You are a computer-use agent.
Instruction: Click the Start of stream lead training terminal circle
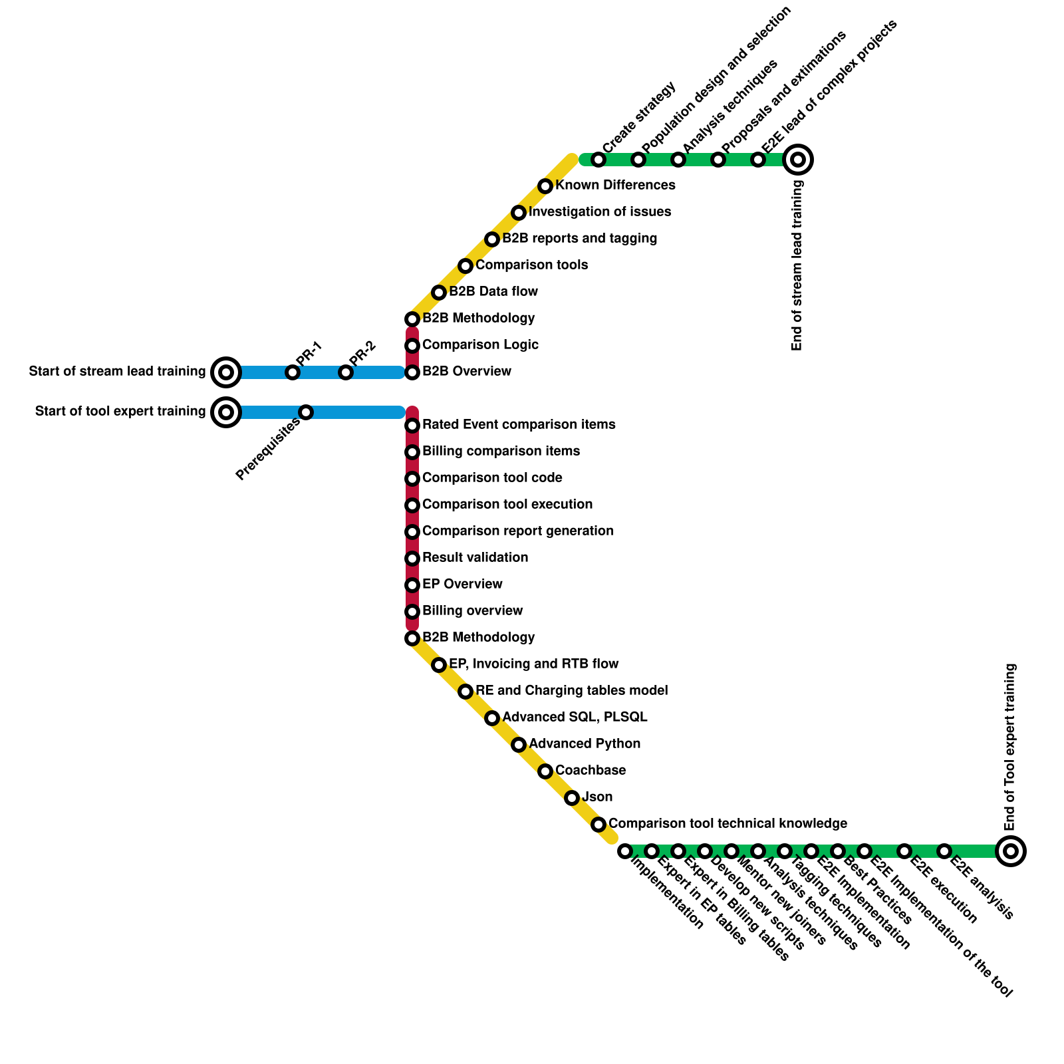(226, 372)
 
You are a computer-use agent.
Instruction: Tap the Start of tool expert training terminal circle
(226, 412)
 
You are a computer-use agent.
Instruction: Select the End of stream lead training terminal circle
(798, 160)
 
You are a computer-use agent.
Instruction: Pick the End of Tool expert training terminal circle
(1011, 851)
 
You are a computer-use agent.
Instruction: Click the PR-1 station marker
(293, 372)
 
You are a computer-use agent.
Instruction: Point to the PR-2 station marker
(345, 372)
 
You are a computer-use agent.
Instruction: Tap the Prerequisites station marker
(306, 412)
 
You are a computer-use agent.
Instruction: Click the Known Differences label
(615, 185)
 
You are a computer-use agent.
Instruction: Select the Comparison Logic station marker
(412, 346)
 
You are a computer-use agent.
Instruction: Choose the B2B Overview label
(466, 371)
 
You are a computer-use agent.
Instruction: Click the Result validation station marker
(412, 559)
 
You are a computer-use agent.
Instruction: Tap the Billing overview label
(472, 610)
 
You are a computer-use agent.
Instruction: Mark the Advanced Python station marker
(519, 745)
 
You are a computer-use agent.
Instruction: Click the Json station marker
(572, 798)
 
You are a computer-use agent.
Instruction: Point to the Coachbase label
(590, 770)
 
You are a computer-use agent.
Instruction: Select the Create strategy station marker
(598, 160)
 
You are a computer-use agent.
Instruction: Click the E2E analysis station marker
(944, 851)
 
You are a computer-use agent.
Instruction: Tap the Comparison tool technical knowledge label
(728, 823)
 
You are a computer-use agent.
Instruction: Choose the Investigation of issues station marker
(519, 213)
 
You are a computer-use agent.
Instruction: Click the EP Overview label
(462, 584)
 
